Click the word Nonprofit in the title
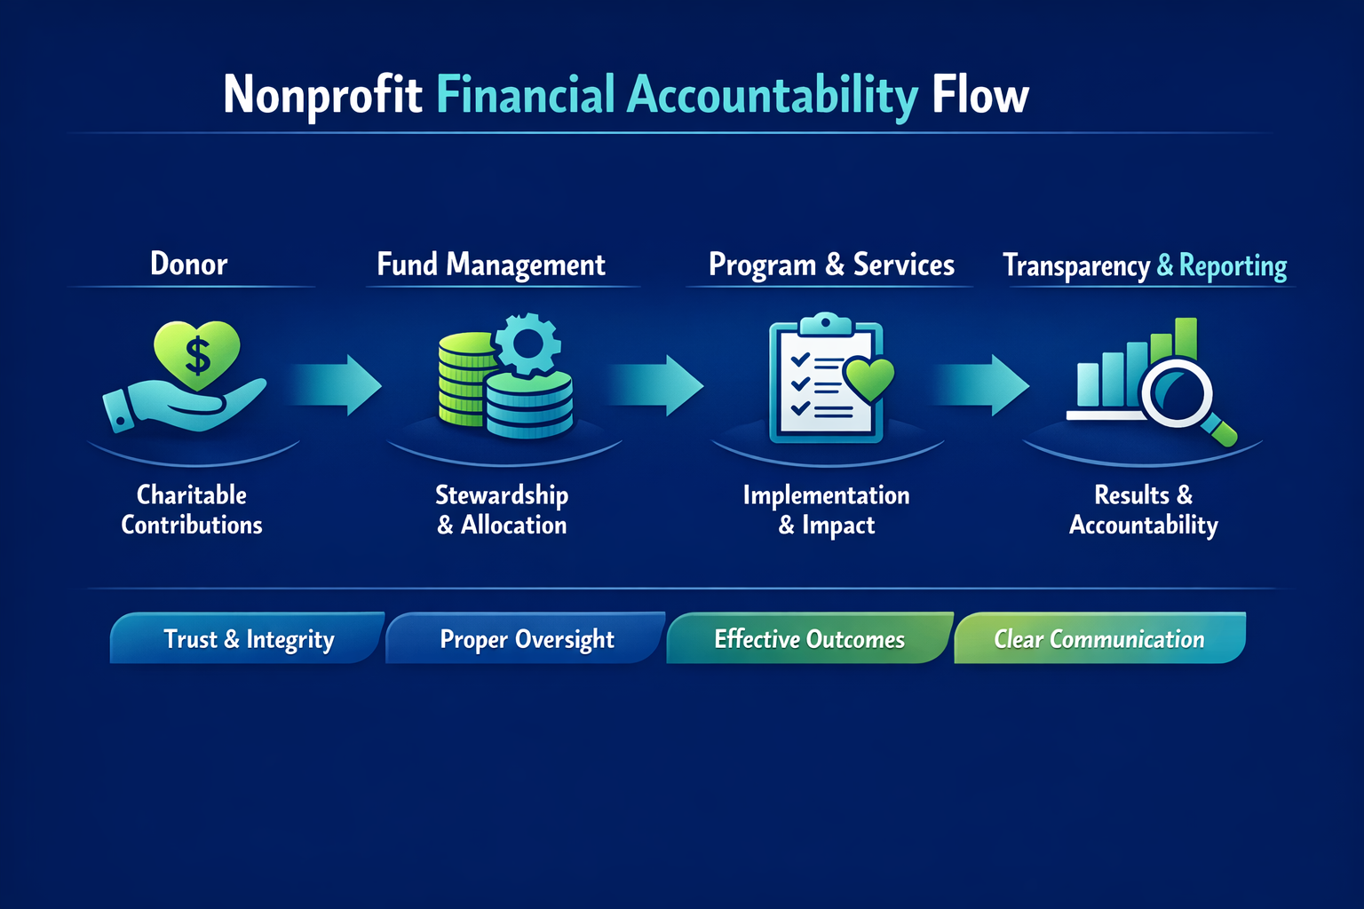click(x=322, y=95)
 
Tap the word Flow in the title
click(x=979, y=95)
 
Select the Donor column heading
click(x=189, y=264)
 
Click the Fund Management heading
click(x=491, y=265)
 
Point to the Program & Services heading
click(x=831, y=265)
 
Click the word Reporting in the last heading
click(x=1233, y=265)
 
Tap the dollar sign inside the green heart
click(x=197, y=355)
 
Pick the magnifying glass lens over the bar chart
click(x=1177, y=394)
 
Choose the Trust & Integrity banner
click(x=248, y=639)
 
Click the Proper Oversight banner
click(x=527, y=639)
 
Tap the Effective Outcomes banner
click(x=809, y=639)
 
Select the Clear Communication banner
click(x=1098, y=639)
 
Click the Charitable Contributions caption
click(x=192, y=510)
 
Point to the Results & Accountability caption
click(x=1143, y=510)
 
